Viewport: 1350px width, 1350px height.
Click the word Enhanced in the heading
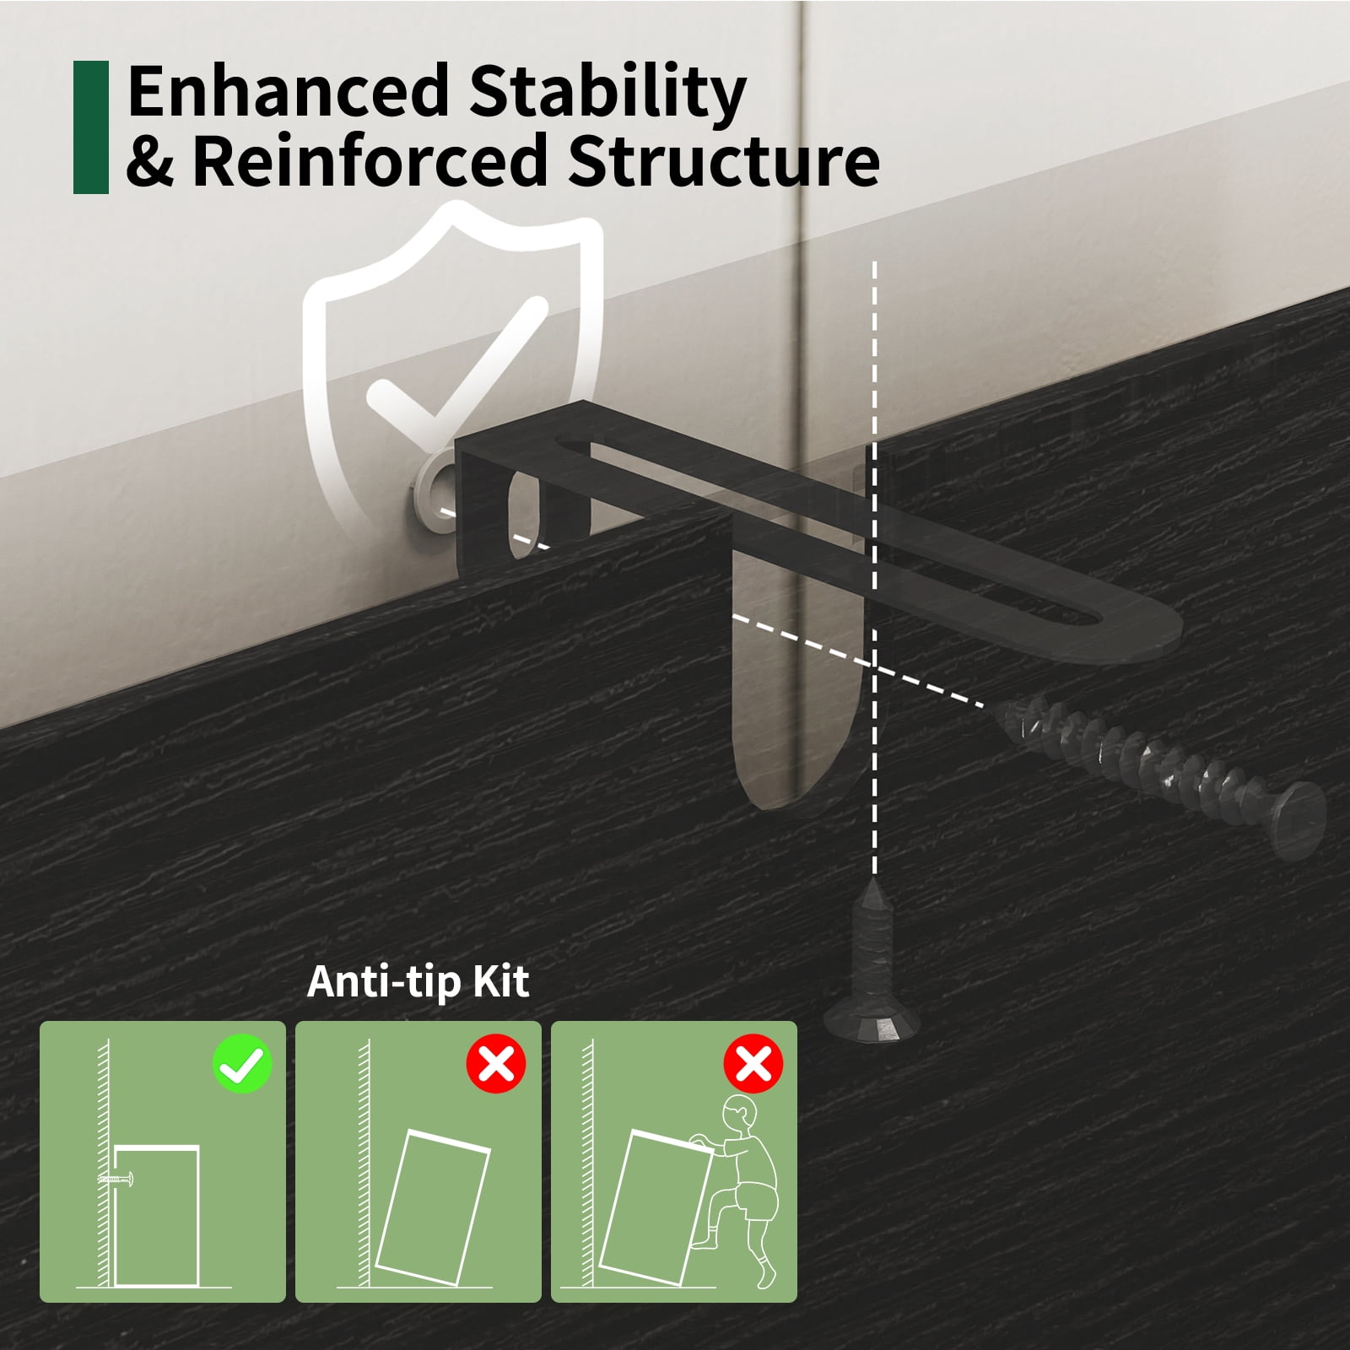(288, 91)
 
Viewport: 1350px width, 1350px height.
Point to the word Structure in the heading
(724, 160)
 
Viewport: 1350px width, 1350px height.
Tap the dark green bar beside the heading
(91, 127)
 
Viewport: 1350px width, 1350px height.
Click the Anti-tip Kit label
(418, 981)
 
